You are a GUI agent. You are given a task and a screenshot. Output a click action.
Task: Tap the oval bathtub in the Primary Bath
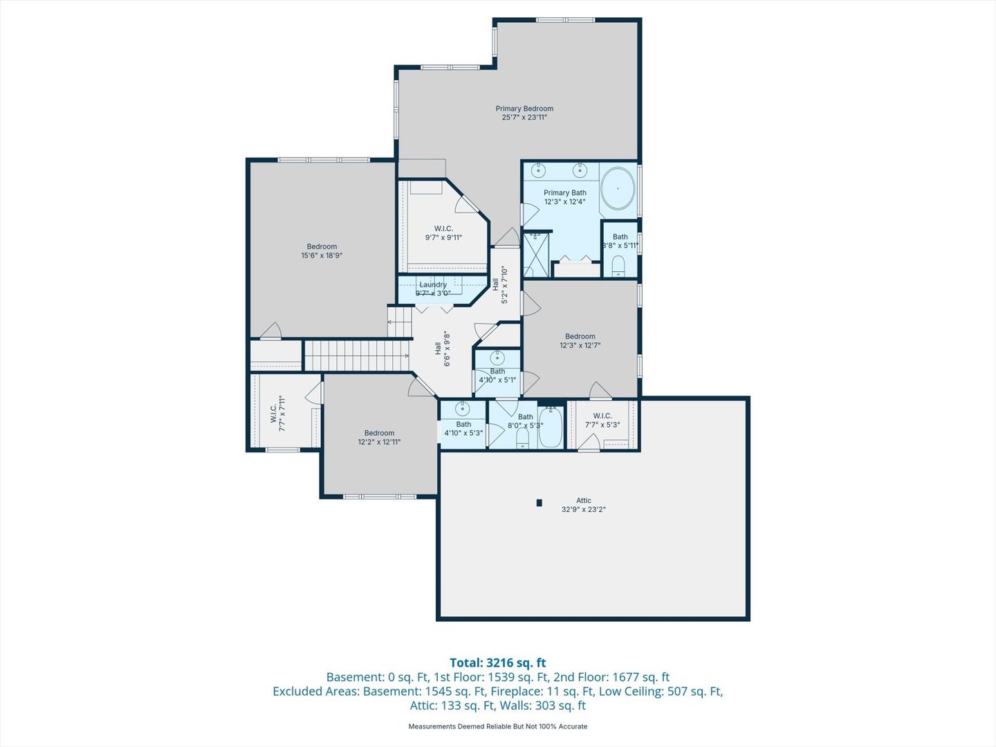click(618, 189)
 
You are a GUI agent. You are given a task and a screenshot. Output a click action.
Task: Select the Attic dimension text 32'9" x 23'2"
click(584, 509)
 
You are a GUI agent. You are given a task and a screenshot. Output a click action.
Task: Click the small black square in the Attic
click(539, 503)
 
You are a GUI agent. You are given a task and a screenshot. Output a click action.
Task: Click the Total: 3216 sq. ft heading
click(498, 663)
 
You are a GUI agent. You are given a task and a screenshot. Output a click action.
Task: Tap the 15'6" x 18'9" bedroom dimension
click(322, 255)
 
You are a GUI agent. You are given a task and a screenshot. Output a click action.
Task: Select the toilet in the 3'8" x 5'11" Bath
click(618, 266)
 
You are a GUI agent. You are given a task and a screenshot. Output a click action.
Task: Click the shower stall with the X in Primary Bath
click(536, 255)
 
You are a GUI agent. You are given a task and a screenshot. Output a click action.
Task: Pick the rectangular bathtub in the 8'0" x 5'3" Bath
click(551, 427)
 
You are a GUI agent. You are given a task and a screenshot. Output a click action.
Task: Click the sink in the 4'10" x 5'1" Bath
click(497, 358)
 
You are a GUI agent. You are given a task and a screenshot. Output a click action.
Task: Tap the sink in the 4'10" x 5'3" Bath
click(463, 409)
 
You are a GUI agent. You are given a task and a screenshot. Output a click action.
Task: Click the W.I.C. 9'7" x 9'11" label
click(443, 232)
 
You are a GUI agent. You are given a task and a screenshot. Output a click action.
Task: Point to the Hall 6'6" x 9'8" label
click(443, 349)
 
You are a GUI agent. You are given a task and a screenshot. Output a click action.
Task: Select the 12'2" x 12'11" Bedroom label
click(379, 437)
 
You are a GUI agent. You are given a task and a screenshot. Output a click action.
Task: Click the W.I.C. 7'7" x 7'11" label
click(277, 413)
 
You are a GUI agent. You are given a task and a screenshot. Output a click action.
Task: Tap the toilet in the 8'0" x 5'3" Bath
click(523, 437)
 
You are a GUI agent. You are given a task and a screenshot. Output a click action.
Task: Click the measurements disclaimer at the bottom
click(498, 726)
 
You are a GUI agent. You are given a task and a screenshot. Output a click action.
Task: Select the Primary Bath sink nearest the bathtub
click(580, 171)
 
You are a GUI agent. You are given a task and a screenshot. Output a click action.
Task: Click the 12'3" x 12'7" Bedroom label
click(580, 340)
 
